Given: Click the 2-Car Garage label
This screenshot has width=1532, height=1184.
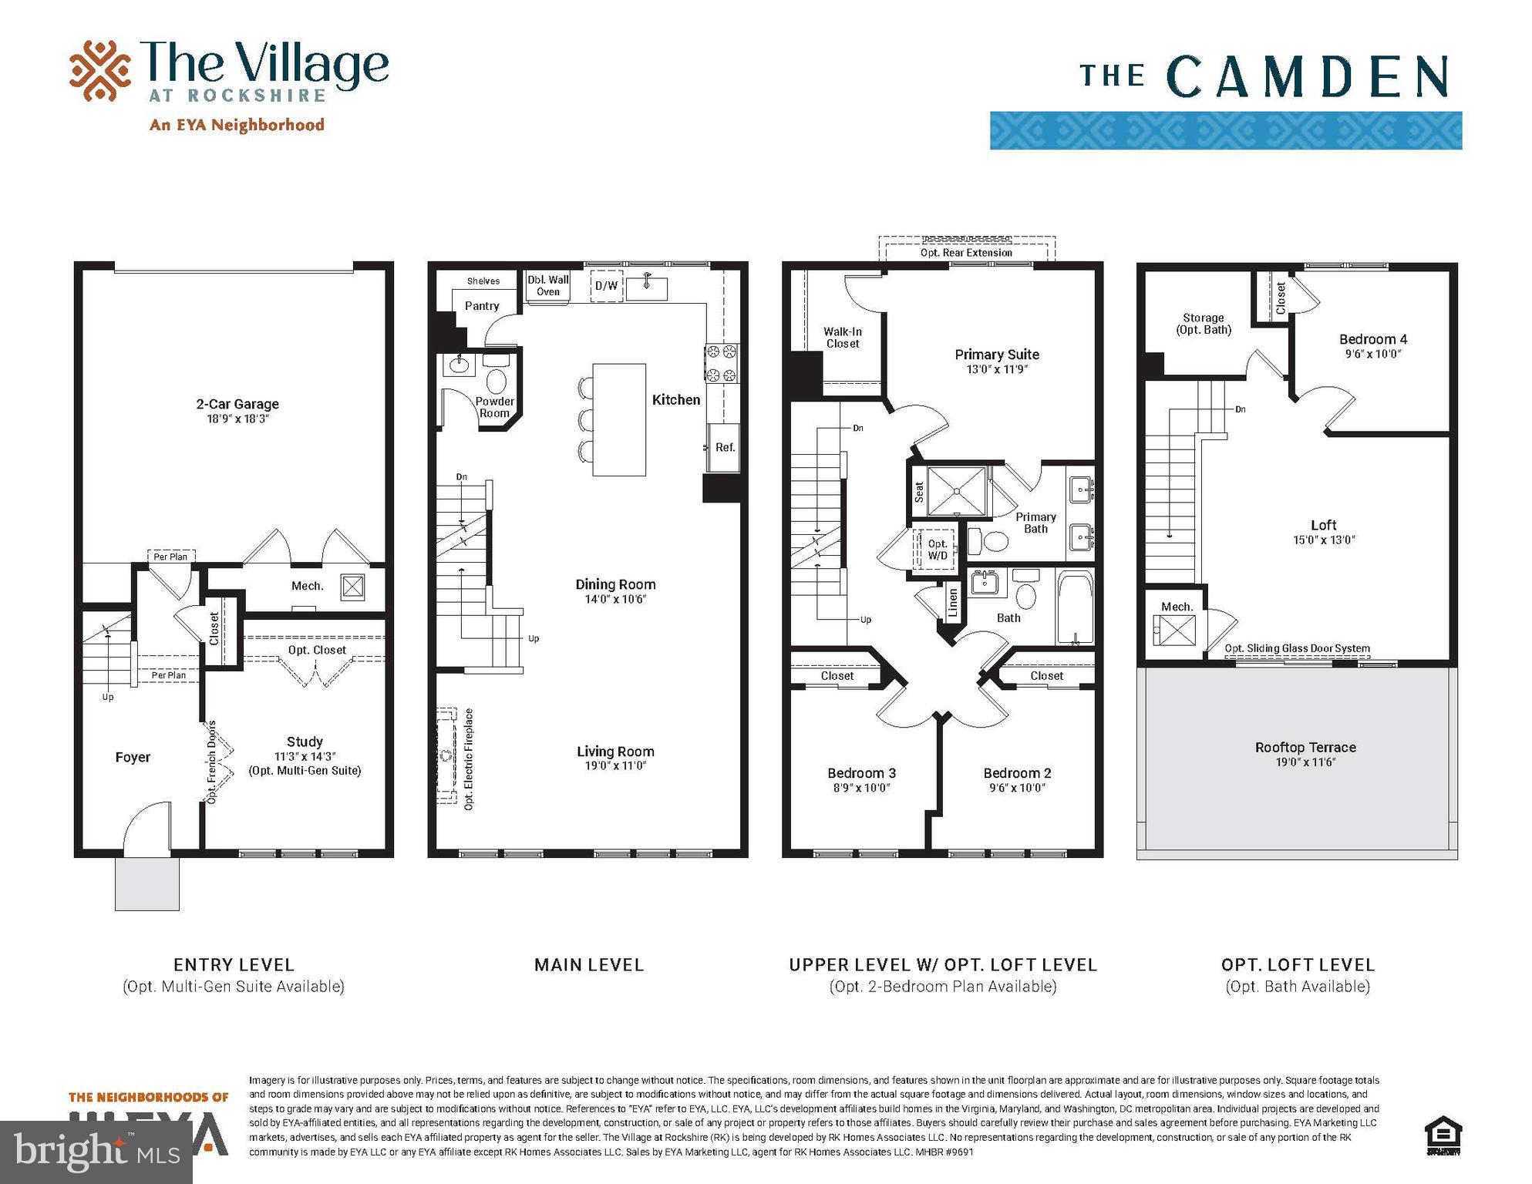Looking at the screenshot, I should [x=237, y=404].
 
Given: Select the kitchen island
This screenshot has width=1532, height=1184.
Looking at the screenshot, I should [x=618, y=419].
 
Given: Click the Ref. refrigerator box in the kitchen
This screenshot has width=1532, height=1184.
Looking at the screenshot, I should [x=724, y=447].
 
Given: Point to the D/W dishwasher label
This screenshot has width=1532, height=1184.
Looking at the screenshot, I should [x=606, y=286].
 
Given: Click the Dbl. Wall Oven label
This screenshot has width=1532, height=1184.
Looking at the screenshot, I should [x=547, y=285].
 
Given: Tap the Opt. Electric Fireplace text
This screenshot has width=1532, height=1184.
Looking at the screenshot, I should [x=469, y=758].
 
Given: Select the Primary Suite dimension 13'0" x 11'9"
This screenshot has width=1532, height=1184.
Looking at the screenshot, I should [x=996, y=369].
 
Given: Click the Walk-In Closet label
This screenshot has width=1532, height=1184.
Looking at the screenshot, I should [x=842, y=338].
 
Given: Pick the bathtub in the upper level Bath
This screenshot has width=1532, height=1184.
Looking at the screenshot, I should [x=1076, y=607].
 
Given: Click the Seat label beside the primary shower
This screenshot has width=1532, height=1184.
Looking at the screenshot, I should [x=918, y=491].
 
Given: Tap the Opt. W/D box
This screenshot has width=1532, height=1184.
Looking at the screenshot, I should [x=937, y=549].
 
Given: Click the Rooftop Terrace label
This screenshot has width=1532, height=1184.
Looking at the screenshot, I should [x=1305, y=747].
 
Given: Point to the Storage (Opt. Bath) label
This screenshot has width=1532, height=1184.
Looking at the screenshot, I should [x=1203, y=324].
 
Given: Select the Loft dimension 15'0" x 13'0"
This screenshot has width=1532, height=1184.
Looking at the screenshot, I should [x=1323, y=540].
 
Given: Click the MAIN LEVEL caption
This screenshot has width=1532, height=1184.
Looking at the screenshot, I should [x=588, y=964].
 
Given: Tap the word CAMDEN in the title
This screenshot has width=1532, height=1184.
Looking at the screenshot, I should [x=1308, y=77].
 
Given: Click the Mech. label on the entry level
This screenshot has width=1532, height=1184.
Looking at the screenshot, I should [x=307, y=586].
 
